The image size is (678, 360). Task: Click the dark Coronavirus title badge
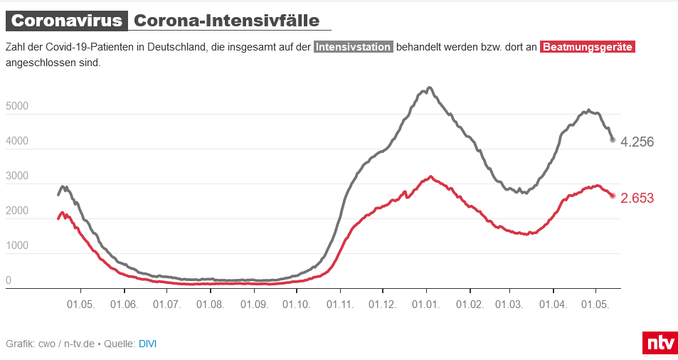point(67,21)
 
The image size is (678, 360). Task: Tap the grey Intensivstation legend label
point(354,48)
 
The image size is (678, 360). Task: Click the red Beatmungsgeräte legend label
point(587,48)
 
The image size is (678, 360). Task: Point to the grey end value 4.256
point(637,142)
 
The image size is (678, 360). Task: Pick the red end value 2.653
point(637,198)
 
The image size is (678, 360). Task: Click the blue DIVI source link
point(147,344)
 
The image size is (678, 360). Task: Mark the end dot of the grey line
point(613,140)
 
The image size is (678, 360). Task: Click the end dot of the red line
point(613,196)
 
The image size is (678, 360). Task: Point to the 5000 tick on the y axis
point(16,107)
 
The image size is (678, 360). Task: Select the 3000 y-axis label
point(16,176)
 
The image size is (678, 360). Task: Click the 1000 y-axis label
point(16,246)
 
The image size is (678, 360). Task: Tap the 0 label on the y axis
point(9,281)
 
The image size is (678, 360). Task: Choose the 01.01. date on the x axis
point(426,304)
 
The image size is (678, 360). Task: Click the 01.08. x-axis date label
point(210,304)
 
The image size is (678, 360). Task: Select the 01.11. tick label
point(340,304)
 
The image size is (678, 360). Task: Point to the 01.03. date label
point(509,304)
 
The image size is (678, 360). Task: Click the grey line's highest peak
point(429,88)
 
